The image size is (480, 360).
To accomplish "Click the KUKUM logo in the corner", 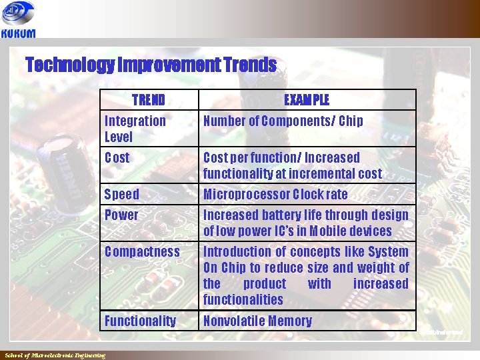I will tap(19, 20).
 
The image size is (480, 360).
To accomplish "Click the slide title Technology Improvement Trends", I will tap(151, 65).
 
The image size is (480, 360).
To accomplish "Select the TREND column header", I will tap(149, 100).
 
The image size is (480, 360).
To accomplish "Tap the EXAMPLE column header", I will tap(307, 100).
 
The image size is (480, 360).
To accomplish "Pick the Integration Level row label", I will tap(135, 129).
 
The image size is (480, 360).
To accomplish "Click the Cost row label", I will tap(117, 158).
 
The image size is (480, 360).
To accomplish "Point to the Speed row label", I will tap(122, 195).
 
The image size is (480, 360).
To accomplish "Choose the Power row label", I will tap(121, 215).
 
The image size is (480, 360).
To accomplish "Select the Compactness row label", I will tap(142, 252).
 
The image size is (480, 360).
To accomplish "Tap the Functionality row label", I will tap(140, 321).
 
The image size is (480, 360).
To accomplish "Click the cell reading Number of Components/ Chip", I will tap(283, 121).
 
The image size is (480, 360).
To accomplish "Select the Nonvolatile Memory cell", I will tap(257, 321).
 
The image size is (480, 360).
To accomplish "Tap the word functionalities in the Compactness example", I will tap(243, 300).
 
